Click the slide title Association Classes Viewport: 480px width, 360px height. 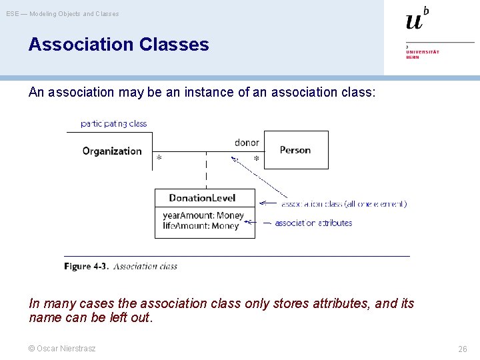[119, 45]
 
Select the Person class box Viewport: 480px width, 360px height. [296, 150]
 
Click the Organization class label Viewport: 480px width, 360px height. [112, 151]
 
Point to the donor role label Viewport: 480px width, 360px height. [247, 143]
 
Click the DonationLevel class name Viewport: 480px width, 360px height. [202, 198]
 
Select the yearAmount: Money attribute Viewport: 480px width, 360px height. [203, 215]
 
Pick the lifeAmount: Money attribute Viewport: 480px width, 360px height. [200, 226]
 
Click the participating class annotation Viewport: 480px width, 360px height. [113, 123]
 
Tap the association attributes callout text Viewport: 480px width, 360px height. [313, 223]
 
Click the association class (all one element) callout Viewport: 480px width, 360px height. [343, 204]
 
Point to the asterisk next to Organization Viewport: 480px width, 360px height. [159, 159]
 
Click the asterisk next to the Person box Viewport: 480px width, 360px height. [256, 160]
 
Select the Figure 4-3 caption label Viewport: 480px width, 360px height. [86, 266]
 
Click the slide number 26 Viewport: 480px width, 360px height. [462, 349]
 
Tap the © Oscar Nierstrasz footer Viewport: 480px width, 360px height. [62, 348]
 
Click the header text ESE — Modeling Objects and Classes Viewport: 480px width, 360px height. [63, 13]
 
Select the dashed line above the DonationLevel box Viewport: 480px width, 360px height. [206, 171]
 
